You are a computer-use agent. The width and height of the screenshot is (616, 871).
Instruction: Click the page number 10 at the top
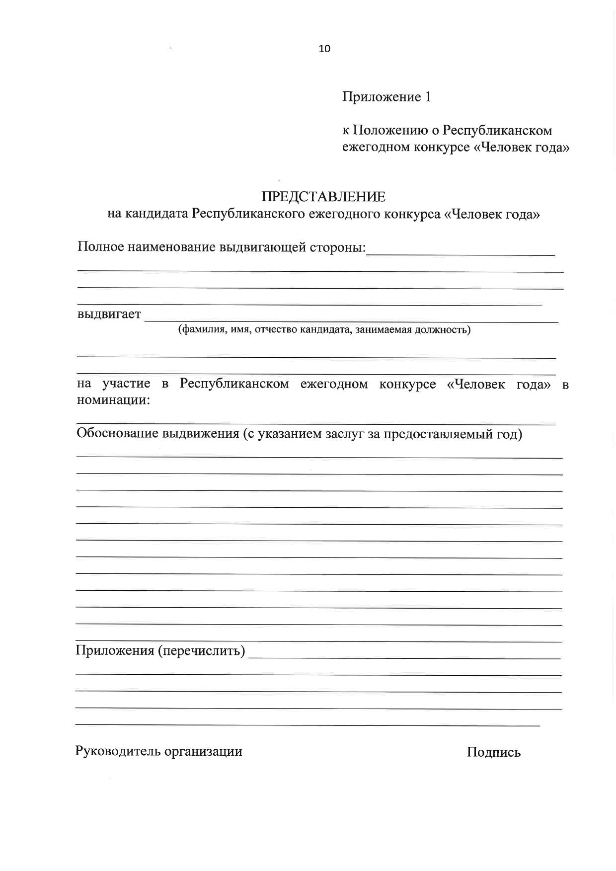[x=324, y=49]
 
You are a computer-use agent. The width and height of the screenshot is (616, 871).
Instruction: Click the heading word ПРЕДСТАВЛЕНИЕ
[x=323, y=197]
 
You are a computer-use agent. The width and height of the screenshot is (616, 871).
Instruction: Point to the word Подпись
[x=493, y=752]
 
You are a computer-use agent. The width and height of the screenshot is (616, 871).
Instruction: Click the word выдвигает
[x=109, y=315]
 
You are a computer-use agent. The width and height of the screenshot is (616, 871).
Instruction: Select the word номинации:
[x=113, y=400]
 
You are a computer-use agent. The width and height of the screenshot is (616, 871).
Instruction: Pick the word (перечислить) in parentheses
[x=202, y=650]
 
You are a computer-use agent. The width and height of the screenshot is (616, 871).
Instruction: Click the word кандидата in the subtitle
[x=155, y=214]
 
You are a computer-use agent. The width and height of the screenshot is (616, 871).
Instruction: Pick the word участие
[x=126, y=384]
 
